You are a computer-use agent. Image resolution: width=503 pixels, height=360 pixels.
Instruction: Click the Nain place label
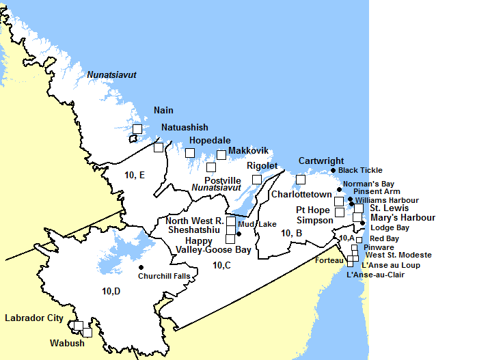coord(163,111)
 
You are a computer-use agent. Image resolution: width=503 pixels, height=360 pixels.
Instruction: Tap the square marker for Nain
coord(137,128)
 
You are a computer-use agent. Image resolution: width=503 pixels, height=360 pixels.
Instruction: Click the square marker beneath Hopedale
coord(190,152)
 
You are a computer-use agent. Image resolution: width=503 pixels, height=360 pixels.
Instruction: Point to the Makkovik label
coord(247,150)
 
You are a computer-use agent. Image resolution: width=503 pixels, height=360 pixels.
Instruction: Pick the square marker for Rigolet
coord(257,179)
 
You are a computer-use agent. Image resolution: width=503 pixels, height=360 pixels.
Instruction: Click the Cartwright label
coord(321,161)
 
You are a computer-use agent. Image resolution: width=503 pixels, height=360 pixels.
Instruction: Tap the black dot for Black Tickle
coord(333,170)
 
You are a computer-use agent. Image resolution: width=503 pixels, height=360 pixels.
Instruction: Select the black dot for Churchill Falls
coord(141,267)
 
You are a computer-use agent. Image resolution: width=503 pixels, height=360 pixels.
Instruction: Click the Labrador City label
coord(34,318)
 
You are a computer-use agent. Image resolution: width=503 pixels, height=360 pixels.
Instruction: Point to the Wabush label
coord(67,343)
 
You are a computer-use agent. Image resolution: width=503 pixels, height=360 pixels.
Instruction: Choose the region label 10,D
coord(111,292)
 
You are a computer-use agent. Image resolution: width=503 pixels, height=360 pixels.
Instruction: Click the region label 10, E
coord(135,176)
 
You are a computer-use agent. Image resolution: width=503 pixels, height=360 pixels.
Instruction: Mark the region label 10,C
coord(221,264)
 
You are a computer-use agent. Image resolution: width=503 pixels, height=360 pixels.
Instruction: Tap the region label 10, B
coord(292,234)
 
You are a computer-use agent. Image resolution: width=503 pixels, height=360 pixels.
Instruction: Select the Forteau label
coord(329,260)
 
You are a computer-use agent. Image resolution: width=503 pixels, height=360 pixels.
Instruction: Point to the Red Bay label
coord(384,238)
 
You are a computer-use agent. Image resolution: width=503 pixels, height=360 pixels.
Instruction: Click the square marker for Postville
coord(211,167)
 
